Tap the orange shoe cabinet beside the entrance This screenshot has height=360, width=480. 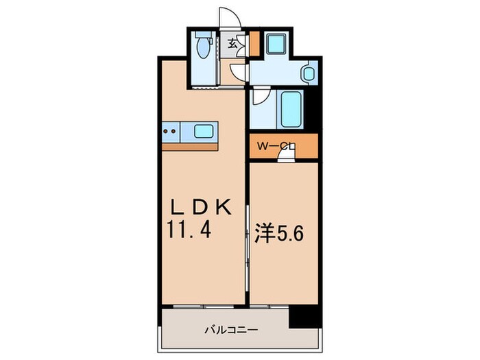(x=254, y=44)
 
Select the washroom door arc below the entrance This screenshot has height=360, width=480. (x=238, y=71)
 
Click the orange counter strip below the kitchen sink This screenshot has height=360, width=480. (x=190, y=145)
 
